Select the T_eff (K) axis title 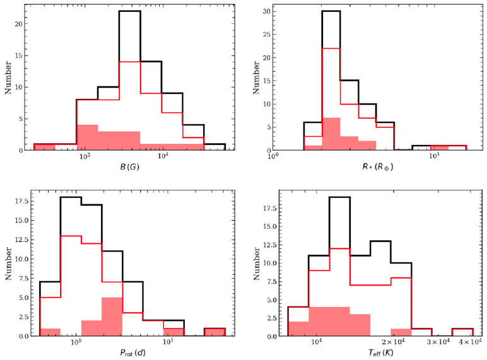click(x=375, y=352)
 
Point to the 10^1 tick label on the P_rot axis click(x=168, y=342)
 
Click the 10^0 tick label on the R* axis click(x=273, y=158)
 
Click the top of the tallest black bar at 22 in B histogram click(x=129, y=11)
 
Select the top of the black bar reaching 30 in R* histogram click(x=331, y=11)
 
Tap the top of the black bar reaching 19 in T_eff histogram click(x=339, y=197)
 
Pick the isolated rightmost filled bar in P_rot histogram click(x=214, y=332)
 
